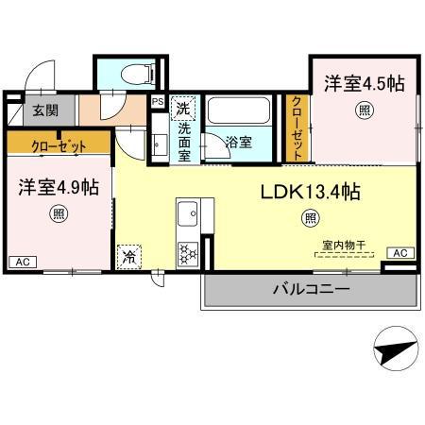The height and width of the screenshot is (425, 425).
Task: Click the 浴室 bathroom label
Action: [x=238, y=143]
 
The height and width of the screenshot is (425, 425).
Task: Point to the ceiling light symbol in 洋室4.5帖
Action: [x=364, y=110]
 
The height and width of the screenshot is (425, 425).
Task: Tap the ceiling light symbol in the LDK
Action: [x=310, y=219]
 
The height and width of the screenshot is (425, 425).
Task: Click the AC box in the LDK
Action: [x=399, y=253]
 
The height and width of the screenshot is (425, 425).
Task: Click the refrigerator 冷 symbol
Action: [x=127, y=256]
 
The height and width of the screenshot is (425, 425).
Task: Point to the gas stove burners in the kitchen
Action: [x=187, y=251]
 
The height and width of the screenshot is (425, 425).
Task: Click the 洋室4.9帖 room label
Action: [x=58, y=187]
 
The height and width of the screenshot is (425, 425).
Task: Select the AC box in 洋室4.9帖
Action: [x=21, y=261]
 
